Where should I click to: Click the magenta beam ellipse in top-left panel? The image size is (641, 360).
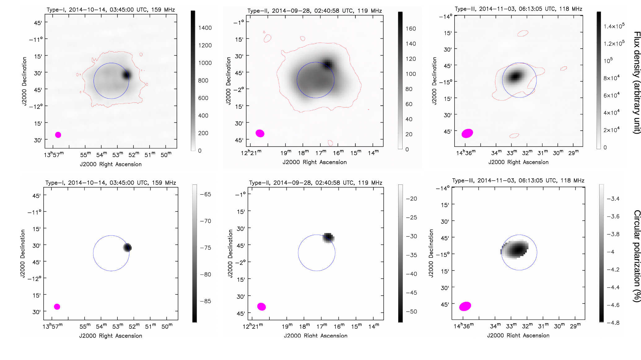pos(58,135)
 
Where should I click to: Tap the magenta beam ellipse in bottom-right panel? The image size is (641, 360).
pos(465,306)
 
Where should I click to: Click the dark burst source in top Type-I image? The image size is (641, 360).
pos(126,75)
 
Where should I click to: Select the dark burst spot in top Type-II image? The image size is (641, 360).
pos(327,65)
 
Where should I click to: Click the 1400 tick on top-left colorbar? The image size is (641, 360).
pos(205,28)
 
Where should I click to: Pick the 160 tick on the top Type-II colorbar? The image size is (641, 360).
pos(411,29)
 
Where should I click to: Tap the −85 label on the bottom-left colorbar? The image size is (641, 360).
pos(205,301)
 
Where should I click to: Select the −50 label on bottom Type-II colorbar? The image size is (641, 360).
pos(411,311)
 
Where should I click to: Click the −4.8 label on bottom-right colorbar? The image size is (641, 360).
pos(613,323)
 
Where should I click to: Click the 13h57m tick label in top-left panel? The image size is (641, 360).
pos(54,154)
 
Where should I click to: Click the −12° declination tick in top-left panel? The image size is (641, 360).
pos(36,106)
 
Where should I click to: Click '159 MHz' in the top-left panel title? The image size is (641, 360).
pos(163,10)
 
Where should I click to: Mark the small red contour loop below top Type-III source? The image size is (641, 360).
pos(514,136)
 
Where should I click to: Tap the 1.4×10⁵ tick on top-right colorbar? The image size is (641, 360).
pos(614,26)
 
